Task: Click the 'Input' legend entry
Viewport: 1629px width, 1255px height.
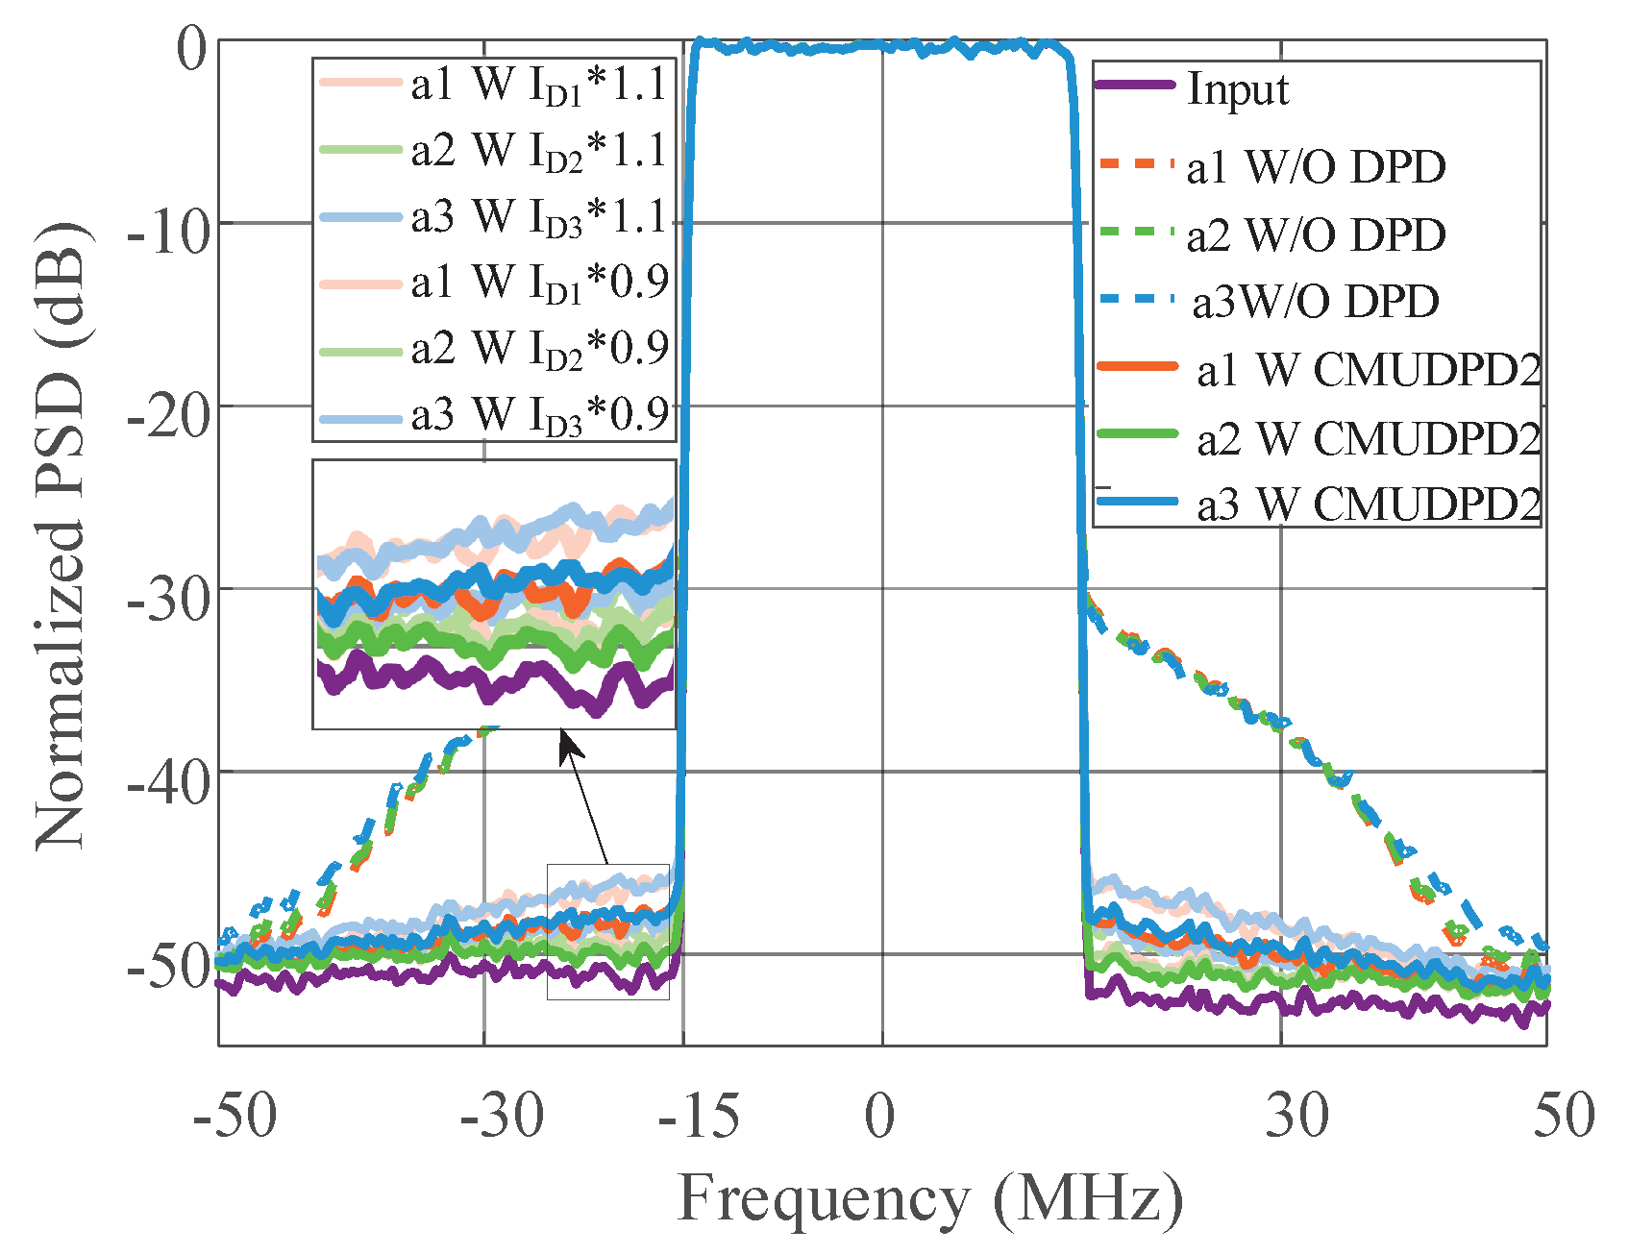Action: [x=1238, y=89]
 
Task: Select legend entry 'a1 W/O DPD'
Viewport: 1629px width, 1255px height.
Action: [x=1315, y=167]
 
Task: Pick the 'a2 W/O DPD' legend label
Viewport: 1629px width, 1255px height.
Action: [x=1315, y=235]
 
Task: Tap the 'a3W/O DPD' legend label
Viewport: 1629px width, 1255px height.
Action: [x=1315, y=302]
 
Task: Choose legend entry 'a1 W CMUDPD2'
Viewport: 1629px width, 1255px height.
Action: [x=1368, y=370]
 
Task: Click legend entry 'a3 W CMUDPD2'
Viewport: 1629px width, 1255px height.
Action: [x=1368, y=504]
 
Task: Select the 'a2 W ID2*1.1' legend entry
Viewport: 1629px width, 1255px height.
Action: [x=538, y=151]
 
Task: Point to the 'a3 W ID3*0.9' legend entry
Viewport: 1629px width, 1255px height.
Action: [x=538, y=415]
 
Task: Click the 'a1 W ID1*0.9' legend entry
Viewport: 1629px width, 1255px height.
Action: [x=538, y=283]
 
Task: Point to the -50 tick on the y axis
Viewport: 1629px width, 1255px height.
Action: [x=167, y=966]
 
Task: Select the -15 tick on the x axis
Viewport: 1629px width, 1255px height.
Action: [x=699, y=1116]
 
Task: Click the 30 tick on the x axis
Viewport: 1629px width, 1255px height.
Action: [x=1296, y=1116]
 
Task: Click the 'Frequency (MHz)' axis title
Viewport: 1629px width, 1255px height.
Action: [x=930, y=1200]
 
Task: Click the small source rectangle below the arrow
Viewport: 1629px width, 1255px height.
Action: [x=607, y=931]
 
